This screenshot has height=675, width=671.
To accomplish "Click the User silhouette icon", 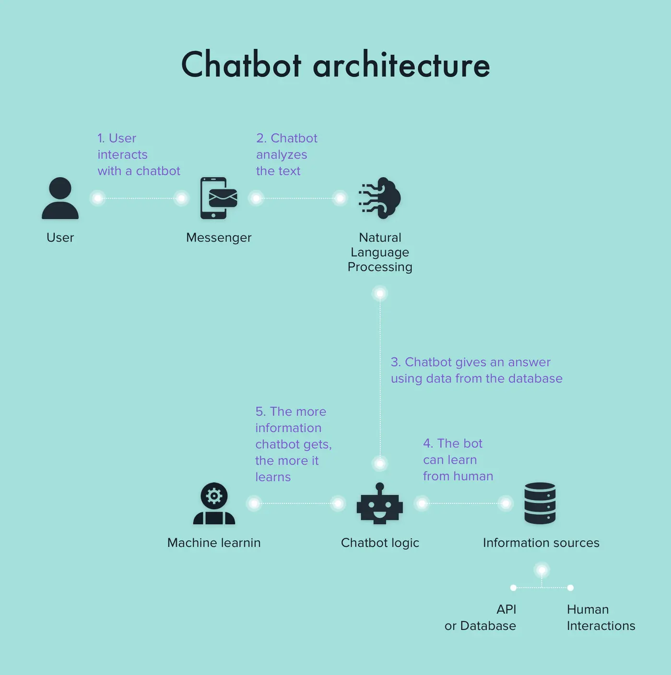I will [60, 198].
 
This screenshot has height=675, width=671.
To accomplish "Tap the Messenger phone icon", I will [218, 198].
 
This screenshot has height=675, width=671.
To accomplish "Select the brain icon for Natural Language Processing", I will [380, 198].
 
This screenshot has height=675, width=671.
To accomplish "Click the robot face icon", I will [380, 504].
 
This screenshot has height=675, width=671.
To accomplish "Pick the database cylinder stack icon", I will [540, 503].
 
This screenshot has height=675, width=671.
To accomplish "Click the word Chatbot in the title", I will [241, 65].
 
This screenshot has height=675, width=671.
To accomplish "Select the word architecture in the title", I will [401, 65].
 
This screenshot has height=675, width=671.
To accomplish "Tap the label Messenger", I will [219, 237].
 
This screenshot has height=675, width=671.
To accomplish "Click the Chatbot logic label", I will [380, 543].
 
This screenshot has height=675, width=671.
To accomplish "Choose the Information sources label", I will [541, 543].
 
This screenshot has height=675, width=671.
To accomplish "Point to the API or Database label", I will [481, 617].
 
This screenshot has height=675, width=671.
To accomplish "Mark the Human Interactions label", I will [601, 617].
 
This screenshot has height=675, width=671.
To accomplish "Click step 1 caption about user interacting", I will [139, 154].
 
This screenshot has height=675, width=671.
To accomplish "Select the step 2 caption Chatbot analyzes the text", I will [286, 154].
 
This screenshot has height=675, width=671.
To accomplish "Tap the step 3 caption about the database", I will [476, 370].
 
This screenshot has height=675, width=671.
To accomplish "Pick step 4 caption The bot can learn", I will [458, 460].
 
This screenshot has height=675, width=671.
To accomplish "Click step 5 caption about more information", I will [293, 444].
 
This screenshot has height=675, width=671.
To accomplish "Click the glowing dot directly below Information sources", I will [542, 570].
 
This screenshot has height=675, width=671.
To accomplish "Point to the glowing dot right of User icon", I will [98, 198].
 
